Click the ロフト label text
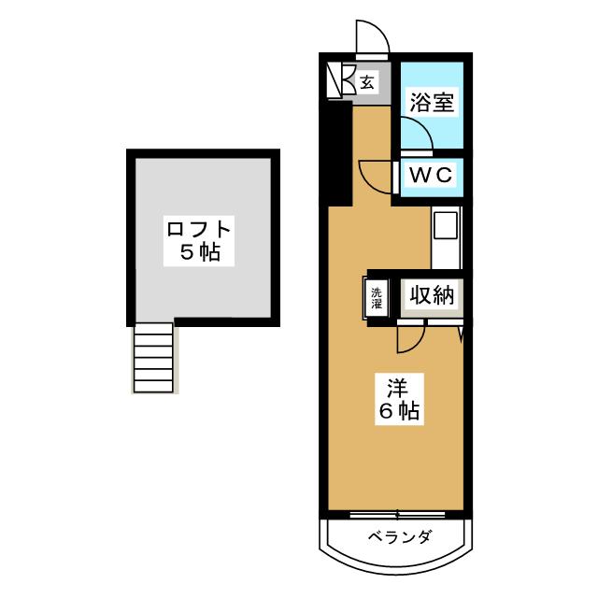coord(198,229)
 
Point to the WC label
coord(429,175)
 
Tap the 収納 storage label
coord(430,296)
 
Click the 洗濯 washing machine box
coord(376,297)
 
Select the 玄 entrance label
coord(367,82)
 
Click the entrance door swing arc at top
coord(373,37)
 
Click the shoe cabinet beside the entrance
coord(338,80)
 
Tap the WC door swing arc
coord(376,178)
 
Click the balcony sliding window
coord(396,513)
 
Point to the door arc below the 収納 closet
coord(411,337)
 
